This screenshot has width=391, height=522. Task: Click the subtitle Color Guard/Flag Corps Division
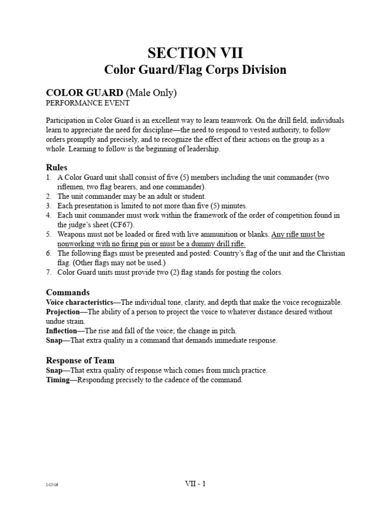coord(195,69)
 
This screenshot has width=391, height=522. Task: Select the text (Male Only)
coord(151,92)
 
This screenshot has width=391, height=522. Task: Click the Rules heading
coord(57,167)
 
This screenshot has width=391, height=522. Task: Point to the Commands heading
coord(68,292)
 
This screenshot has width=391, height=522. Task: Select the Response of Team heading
coord(80,360)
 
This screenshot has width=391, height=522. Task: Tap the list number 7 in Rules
coord(48,272)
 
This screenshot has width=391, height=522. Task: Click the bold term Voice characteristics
coord(79,302)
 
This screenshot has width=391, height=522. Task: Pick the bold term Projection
coord(63,312)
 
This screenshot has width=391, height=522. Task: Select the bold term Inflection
coord(62,331)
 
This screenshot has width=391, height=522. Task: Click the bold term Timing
coord(58,380)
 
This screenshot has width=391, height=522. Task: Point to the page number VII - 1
coord(195,484)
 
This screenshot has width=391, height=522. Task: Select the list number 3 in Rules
coord(48,205)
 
